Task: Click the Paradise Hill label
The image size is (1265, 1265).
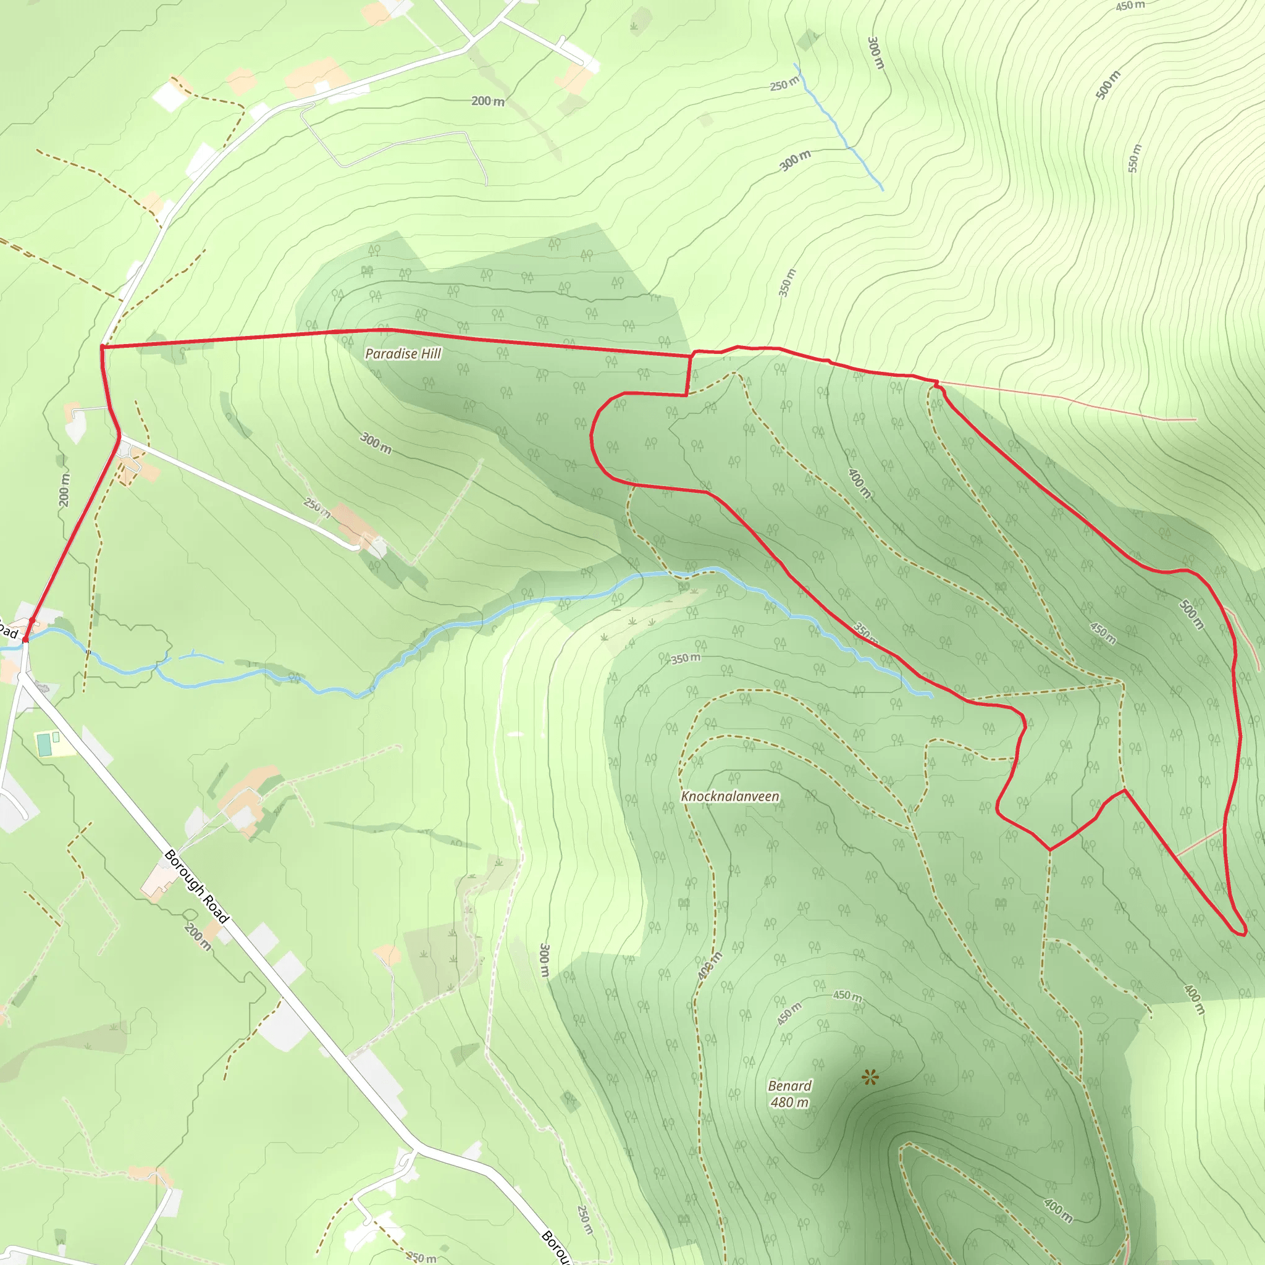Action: (403, 353)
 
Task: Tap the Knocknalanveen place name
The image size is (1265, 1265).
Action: (730, 796)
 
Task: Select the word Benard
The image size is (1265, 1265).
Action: (789, 1086)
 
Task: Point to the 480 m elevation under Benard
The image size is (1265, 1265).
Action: (789, 1102)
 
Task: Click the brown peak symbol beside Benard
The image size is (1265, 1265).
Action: (870, 1077)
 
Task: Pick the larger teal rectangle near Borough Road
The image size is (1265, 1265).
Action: (44, 744)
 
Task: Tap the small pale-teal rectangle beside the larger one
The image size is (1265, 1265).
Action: (56, 737)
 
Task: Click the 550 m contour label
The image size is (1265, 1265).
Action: (1135, 158)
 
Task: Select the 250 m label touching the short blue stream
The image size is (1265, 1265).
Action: (784, 84)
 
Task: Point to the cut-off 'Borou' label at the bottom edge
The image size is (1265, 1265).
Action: (556, 1247)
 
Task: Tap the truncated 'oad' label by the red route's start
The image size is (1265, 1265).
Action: (8, 629)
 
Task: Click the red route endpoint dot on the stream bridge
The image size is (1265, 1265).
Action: (25, 639)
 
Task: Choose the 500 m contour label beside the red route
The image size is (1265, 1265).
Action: (1191, 614)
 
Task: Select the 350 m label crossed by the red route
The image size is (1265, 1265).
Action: (865, 631)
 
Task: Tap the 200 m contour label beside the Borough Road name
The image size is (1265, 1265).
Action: (198, 936)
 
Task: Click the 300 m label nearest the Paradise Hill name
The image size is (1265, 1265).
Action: (376, 443)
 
